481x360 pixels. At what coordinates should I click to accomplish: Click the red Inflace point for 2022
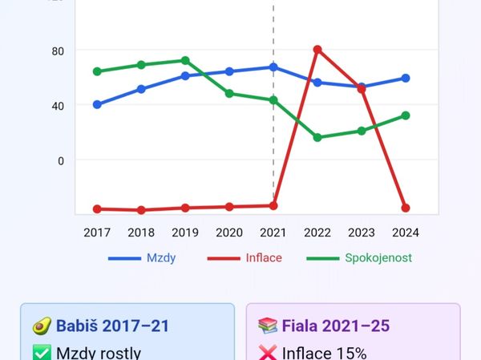point(317,50)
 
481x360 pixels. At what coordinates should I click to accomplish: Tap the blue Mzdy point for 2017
point(97,104)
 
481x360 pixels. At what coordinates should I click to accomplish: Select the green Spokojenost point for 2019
point(185,60)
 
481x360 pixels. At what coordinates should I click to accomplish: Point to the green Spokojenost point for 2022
point(317,137)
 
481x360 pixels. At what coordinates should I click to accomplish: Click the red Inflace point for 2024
point(406,208)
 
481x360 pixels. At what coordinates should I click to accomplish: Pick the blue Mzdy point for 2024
point(406,78)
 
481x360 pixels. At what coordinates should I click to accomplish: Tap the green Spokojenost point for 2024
point(406,115)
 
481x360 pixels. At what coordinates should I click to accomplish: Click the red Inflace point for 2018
point(141,210)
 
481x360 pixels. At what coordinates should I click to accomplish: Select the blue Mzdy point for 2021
point(273,67)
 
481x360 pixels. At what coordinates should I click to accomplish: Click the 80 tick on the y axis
point(57,51)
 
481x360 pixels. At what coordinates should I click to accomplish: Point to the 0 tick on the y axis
point(60,160)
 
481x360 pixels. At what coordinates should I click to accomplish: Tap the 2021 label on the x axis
point(273,232)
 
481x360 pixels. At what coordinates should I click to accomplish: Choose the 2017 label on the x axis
point(97,232)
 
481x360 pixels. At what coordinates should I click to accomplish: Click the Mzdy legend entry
point(143,258)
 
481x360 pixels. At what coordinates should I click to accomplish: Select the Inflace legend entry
point(245,258)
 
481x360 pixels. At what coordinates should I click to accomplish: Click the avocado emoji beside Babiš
point(42,326)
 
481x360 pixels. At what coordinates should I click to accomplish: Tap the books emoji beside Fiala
point(268,326)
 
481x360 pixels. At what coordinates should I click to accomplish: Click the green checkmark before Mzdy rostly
point(42,353)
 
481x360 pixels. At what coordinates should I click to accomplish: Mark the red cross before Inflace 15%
point(268,353)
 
